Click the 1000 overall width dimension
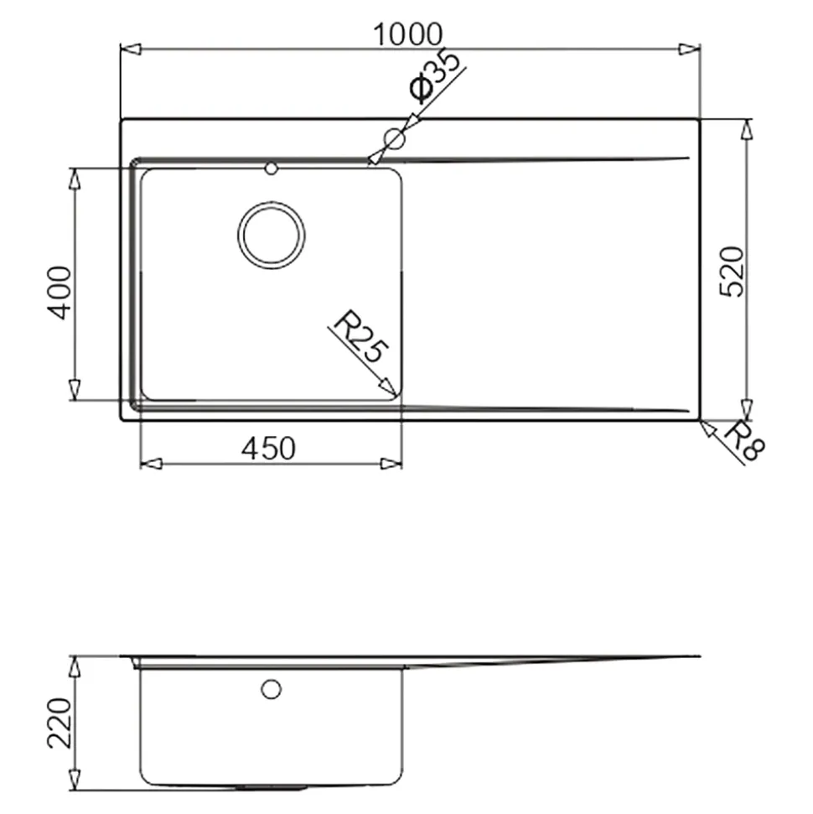point(408,34)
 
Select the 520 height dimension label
point(732,272)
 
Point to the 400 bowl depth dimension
point(60,293)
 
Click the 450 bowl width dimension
point(268,448)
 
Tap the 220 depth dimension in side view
point(60,723)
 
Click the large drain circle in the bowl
point(271,236)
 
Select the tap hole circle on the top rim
point(394,138)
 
